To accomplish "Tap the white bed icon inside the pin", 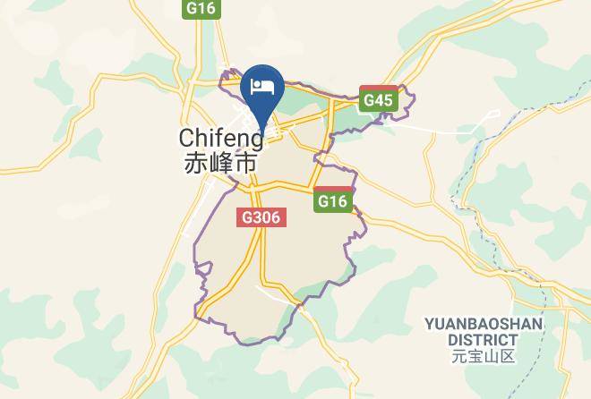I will tap(263, 87).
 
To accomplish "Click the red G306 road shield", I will tap(261, 217).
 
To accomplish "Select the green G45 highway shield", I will tap(378, 101).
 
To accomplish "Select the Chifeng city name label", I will tap(221, 139).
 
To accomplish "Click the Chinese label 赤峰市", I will tap(220, 164).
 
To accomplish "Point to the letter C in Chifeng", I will tap(187, 139).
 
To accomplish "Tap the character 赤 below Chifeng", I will tap(194, 164).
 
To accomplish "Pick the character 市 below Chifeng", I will tap(246, 164).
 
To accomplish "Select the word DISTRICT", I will tap(484, 340).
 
